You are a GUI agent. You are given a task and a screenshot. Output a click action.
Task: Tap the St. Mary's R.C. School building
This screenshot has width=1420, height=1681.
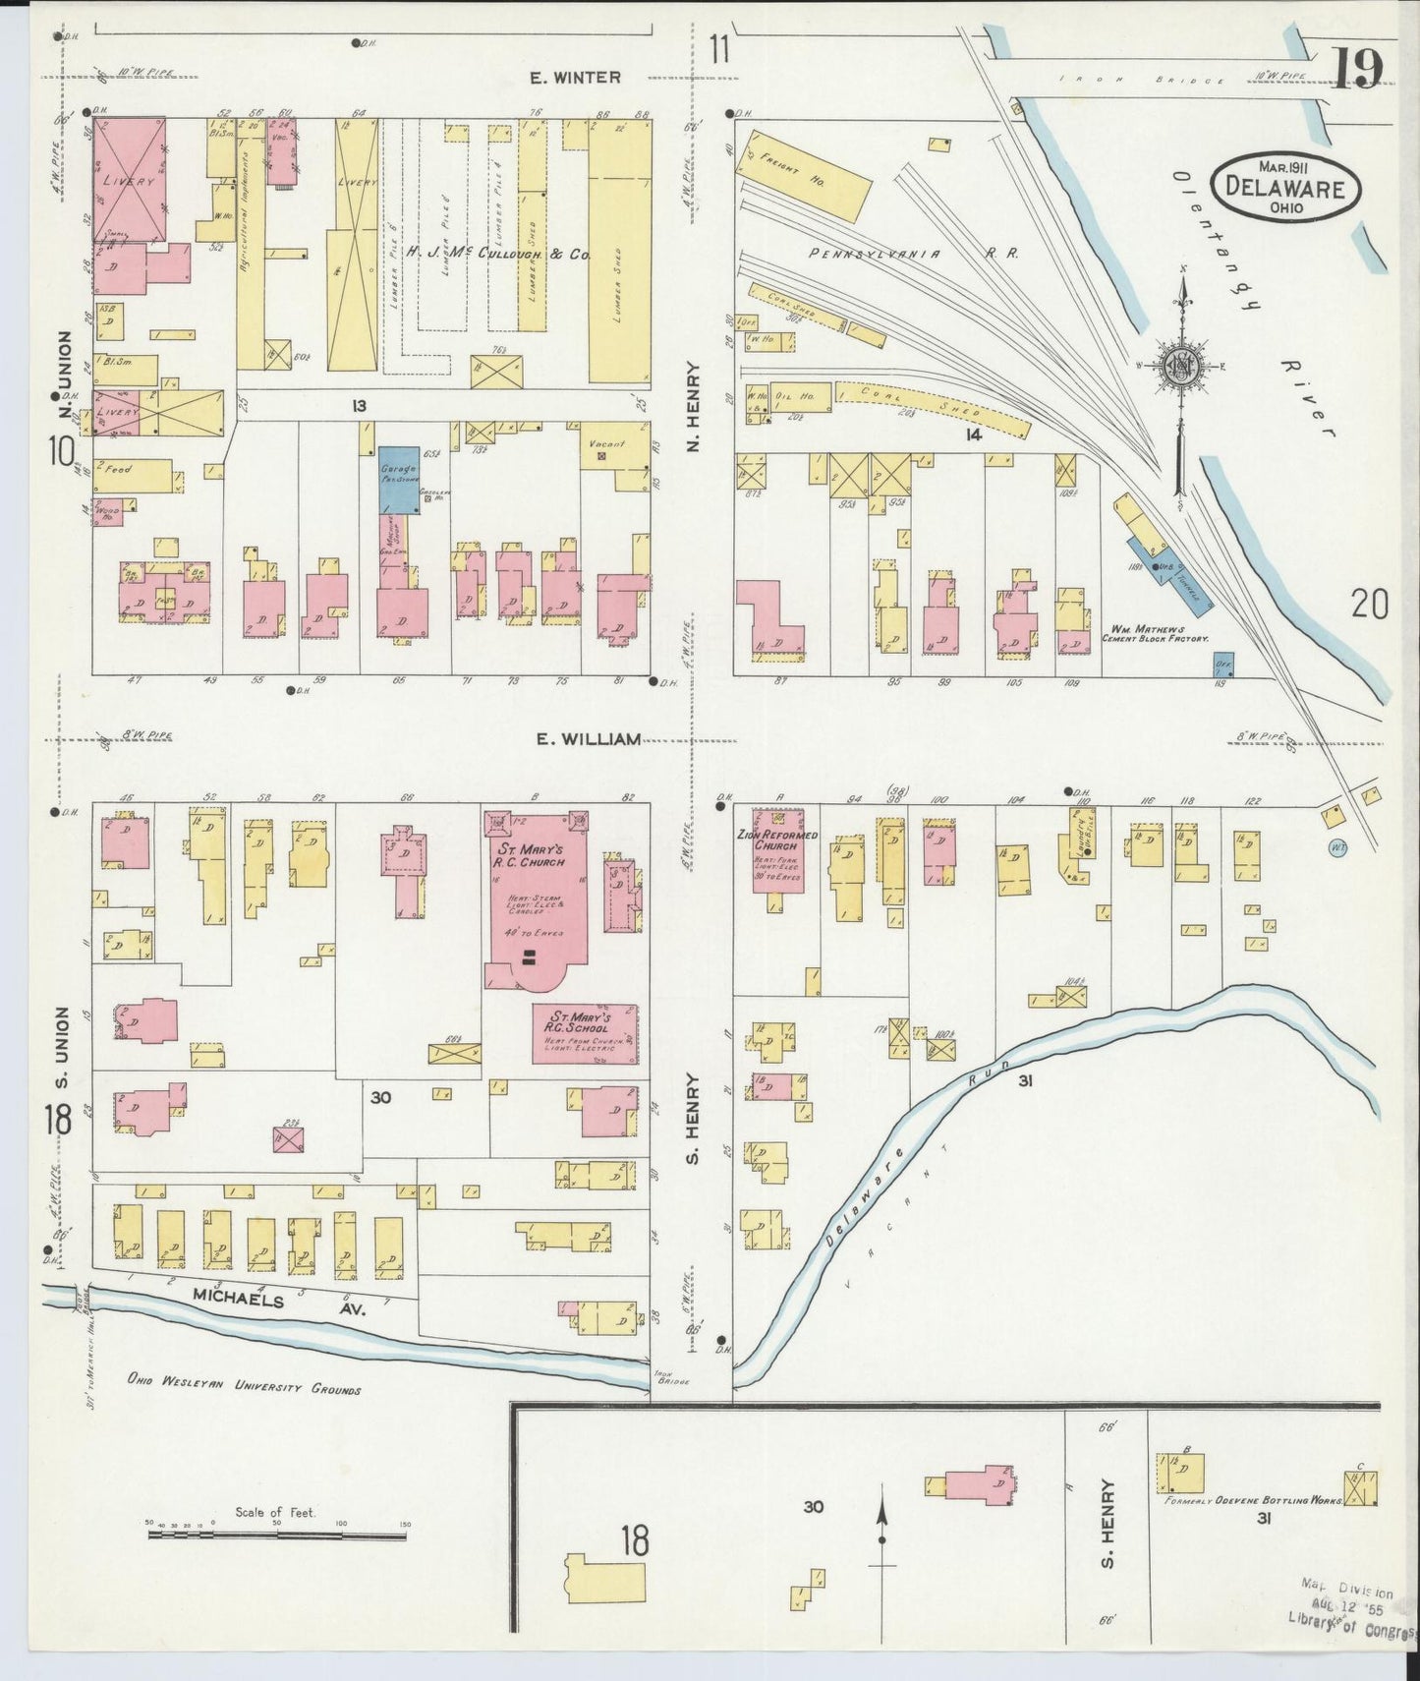coord(585,1033)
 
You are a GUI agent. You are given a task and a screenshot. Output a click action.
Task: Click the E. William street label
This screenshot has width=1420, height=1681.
coord(589,738)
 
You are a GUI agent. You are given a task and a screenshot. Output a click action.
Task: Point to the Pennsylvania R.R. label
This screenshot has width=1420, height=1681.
coord(914,254)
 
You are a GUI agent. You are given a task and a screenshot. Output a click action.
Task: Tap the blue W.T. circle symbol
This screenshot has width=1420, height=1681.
coord(1335,846)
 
